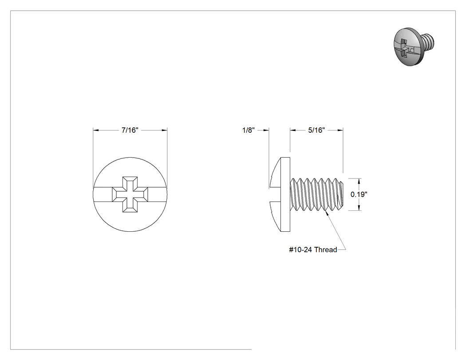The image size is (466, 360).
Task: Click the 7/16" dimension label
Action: coord(130,130)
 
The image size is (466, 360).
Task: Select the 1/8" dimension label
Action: coord(249,130)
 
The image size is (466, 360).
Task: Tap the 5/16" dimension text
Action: coord(316,130)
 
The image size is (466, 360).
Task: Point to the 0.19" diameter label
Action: coord(359,194)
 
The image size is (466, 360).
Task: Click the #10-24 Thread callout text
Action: coord(313,249)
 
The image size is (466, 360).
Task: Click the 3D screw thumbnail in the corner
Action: coord(414,47)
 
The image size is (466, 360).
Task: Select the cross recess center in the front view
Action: coord(130,194)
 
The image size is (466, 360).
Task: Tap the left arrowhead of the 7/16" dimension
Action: coord(96,130)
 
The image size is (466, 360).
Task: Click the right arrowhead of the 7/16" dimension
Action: coord(164,130)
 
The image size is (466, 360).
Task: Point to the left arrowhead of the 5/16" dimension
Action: coord(293,130)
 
